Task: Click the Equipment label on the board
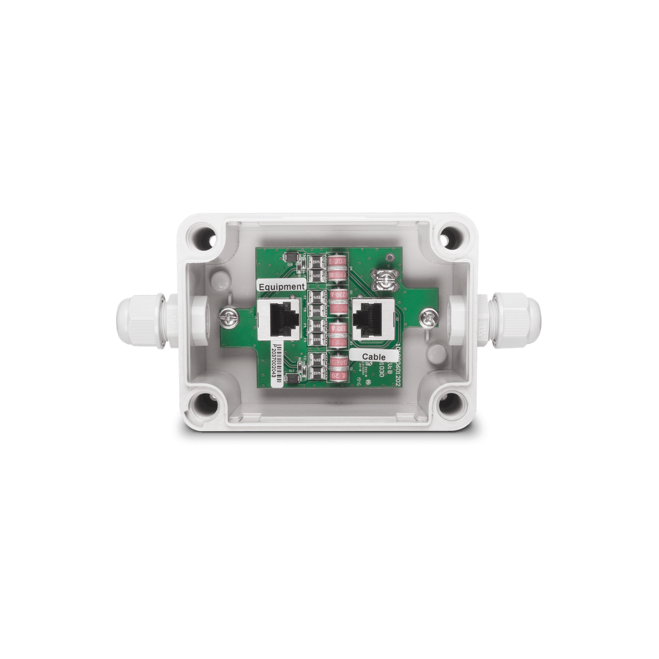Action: tap(281, 286)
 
